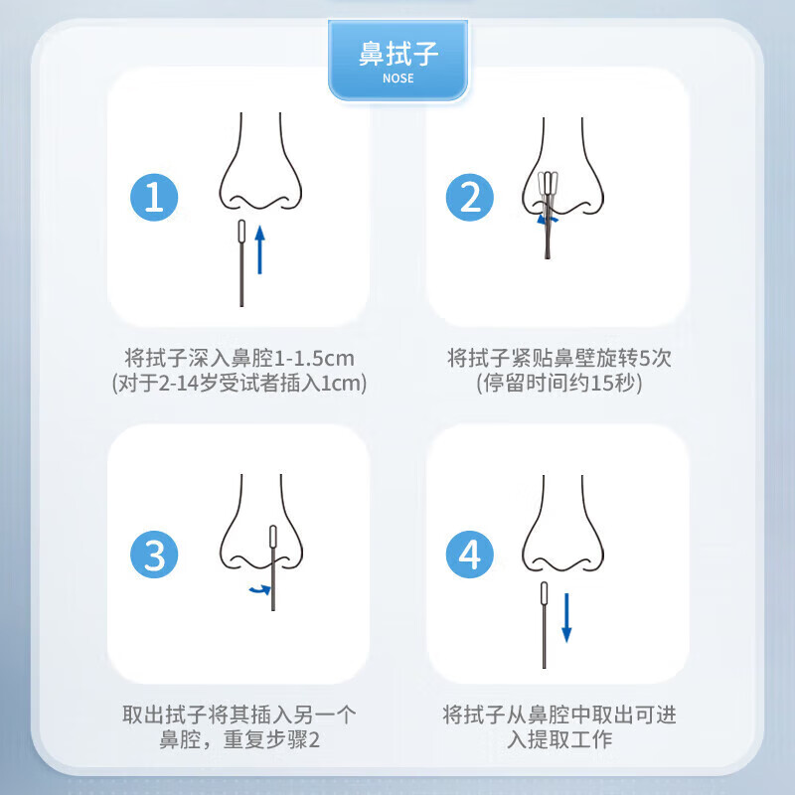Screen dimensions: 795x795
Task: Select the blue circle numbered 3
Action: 154,554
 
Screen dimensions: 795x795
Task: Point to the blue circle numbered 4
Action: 470,554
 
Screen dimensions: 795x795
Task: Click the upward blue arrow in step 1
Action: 260,248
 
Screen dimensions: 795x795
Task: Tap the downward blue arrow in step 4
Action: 566,616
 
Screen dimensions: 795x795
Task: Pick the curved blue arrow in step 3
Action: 259,590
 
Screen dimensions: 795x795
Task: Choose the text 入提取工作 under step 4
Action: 560,740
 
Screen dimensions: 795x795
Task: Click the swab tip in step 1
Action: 241,232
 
